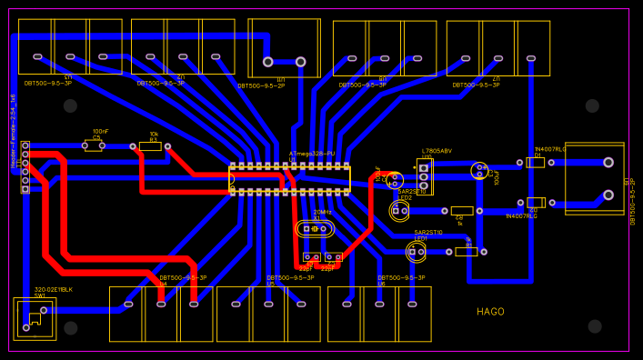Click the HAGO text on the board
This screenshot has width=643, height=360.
click(490, 312)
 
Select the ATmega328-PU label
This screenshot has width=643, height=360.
click(312, 154)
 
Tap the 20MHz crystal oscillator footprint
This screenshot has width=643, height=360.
click(316, 229)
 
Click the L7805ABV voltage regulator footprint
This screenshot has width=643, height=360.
click(425, 175)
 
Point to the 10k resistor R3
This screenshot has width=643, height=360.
click(150, 145)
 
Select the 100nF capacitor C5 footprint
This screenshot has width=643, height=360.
click(94, 145)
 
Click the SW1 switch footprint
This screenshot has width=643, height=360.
click(35, 318)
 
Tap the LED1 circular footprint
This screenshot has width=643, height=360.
click(417, 251)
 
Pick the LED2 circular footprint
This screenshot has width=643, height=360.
click(399, 211)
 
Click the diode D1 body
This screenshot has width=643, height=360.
click(536, 163)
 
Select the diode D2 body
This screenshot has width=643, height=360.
click(536, 203)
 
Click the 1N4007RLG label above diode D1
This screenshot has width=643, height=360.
click(549, 149)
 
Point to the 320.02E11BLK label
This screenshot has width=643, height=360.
click(54, 289)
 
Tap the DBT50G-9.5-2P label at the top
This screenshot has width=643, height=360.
click(261, 85)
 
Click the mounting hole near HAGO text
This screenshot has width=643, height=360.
click(595, 325)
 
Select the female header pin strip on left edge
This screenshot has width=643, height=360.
click(25, 167)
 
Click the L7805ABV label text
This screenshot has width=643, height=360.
click(437, 151)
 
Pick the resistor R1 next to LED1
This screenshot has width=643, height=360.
click(466, 252)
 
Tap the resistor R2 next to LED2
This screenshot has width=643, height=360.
click(462, 211)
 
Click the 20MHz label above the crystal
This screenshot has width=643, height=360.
click(322, 212)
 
